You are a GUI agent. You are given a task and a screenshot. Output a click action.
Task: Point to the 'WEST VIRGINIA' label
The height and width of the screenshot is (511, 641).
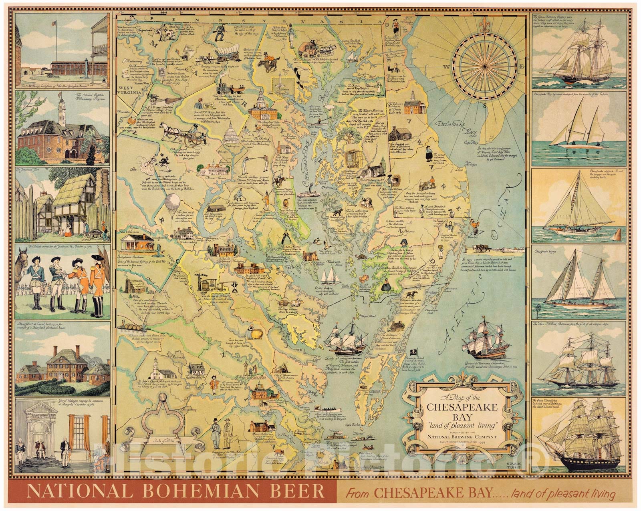tap(128, 87)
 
